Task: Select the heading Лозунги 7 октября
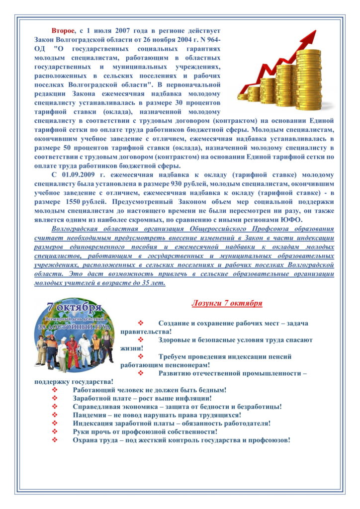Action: pos(227,303)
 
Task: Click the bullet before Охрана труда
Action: pos(55,440)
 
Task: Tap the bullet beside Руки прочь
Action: pos(55,431)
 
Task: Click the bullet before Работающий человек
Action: pos(55,389)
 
